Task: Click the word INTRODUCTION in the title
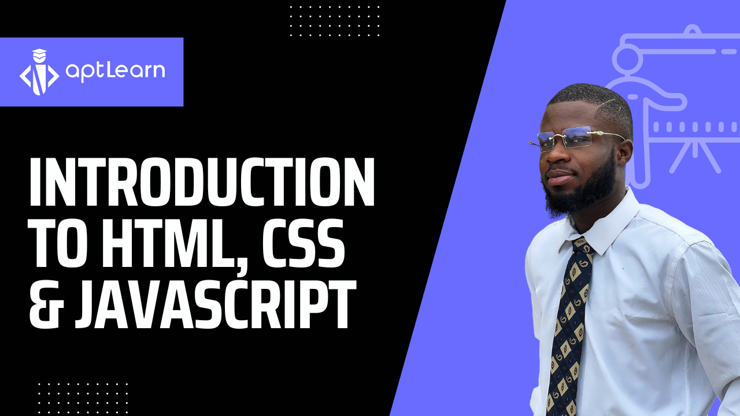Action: [202, 181]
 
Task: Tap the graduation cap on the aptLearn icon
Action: [39, 54]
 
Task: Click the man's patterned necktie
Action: [568, 327]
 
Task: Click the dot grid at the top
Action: [335, 21]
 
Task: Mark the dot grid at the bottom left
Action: [83, 399]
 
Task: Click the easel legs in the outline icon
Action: [695, 157]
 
